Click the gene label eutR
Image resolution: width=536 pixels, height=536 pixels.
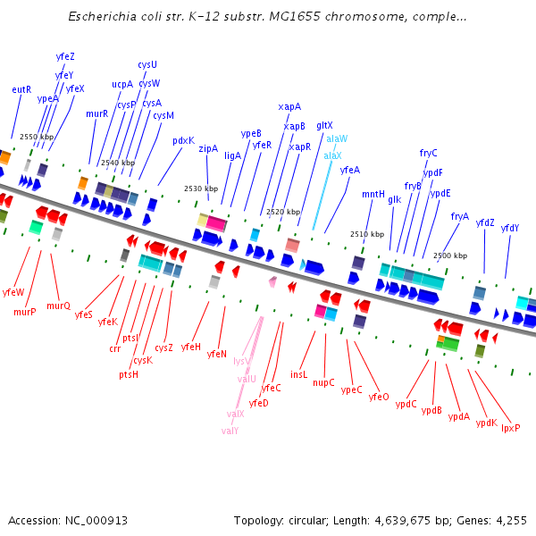point(21,89)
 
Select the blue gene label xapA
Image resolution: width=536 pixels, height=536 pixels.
point(289,106)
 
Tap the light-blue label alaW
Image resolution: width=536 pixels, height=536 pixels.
point(337,139)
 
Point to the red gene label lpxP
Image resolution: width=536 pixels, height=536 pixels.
point(510,428)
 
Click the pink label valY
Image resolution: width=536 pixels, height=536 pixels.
point(230,431)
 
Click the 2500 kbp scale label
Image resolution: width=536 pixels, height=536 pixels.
point(449,255)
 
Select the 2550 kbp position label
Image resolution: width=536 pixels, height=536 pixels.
point(37,137)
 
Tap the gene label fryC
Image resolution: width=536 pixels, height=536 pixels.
point(429,153)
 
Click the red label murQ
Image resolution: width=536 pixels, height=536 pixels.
point(58,306)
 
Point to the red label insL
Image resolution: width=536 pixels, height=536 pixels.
point(298,374)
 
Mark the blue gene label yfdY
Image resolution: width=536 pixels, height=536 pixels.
point(509,228)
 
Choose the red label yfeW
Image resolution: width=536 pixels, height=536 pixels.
point(13,292)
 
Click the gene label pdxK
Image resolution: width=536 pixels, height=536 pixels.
point(183,140)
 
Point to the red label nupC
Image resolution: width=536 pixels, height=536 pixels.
point(323,382)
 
